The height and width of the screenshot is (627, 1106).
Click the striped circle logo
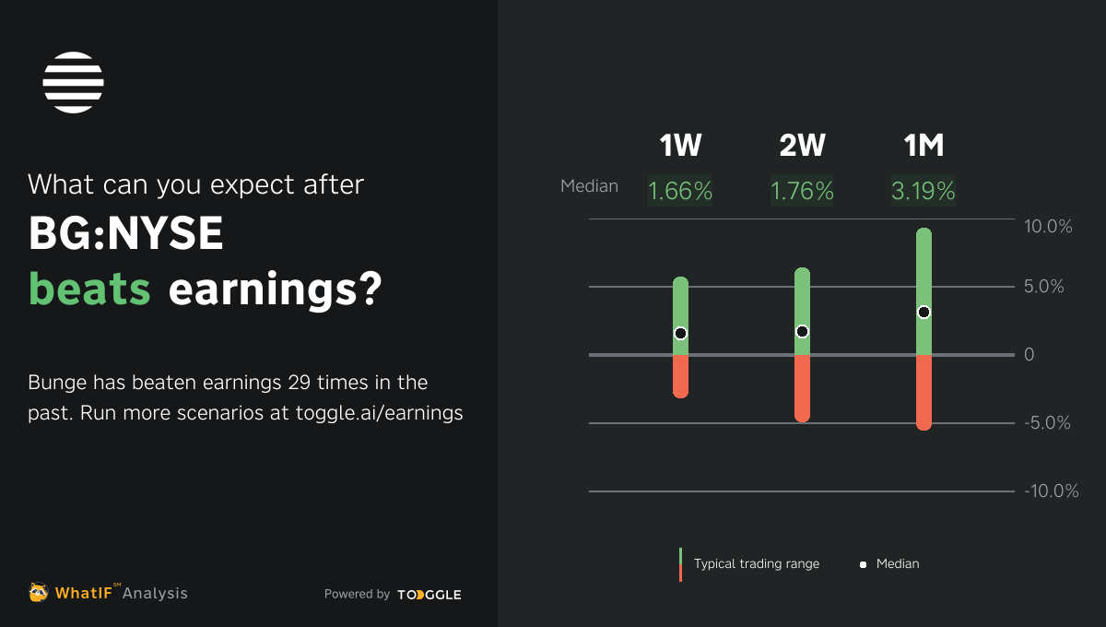(x=73, y=82)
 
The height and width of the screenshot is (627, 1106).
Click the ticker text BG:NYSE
(x=126, y=233)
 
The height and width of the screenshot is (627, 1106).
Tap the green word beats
(x=89, y=289)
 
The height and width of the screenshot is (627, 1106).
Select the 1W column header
(x=680, y=146)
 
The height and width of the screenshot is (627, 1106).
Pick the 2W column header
(x=803, y=146)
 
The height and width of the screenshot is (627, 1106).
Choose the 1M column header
(x=924, y=146)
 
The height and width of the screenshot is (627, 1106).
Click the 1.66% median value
(x=680, y=191)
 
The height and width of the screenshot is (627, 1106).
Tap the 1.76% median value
(x=802, y=191)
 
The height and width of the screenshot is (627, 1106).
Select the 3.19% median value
(x=924, y=191)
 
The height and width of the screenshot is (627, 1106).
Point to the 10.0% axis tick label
(x=1048, y=226)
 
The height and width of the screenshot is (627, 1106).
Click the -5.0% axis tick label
(x=1047, y=423)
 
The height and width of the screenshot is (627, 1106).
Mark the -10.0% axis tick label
(x=1052, y=491)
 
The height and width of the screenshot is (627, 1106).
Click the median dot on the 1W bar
(x=680, y=334)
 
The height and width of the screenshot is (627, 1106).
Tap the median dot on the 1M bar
(x=924, y=313)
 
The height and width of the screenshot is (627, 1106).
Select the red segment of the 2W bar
(x=803, y=388)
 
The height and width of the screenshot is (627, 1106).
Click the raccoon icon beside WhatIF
(x=38, y=592)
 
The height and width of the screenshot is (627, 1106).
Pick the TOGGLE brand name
(x=429, y=595)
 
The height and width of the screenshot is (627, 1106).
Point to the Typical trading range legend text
(x=757, y=563)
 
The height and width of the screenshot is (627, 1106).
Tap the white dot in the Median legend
(x=863, y=564)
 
